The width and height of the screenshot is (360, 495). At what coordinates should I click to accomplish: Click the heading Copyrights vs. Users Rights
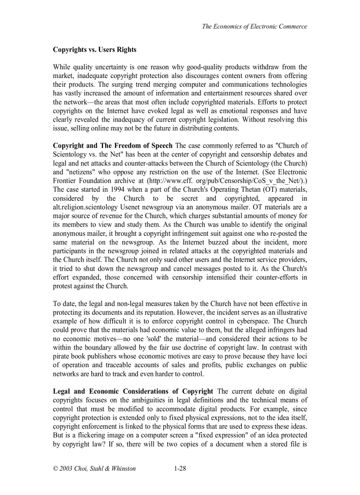[x=94, y=50]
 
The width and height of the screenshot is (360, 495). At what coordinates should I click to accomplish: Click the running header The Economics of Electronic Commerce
[x=254, y=26]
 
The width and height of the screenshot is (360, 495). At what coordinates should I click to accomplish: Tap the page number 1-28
[x=180, y=469]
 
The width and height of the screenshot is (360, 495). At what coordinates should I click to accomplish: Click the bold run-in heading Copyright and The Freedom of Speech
[x=113, y=146]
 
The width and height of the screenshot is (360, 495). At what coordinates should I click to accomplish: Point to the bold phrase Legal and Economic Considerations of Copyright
[x=133, y=391]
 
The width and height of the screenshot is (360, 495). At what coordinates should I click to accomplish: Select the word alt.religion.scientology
[x=85, y=207]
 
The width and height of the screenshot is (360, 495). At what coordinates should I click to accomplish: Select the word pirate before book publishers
[x=61, y=356]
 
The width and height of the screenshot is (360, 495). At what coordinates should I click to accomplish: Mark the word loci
[x=301, y=356]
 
